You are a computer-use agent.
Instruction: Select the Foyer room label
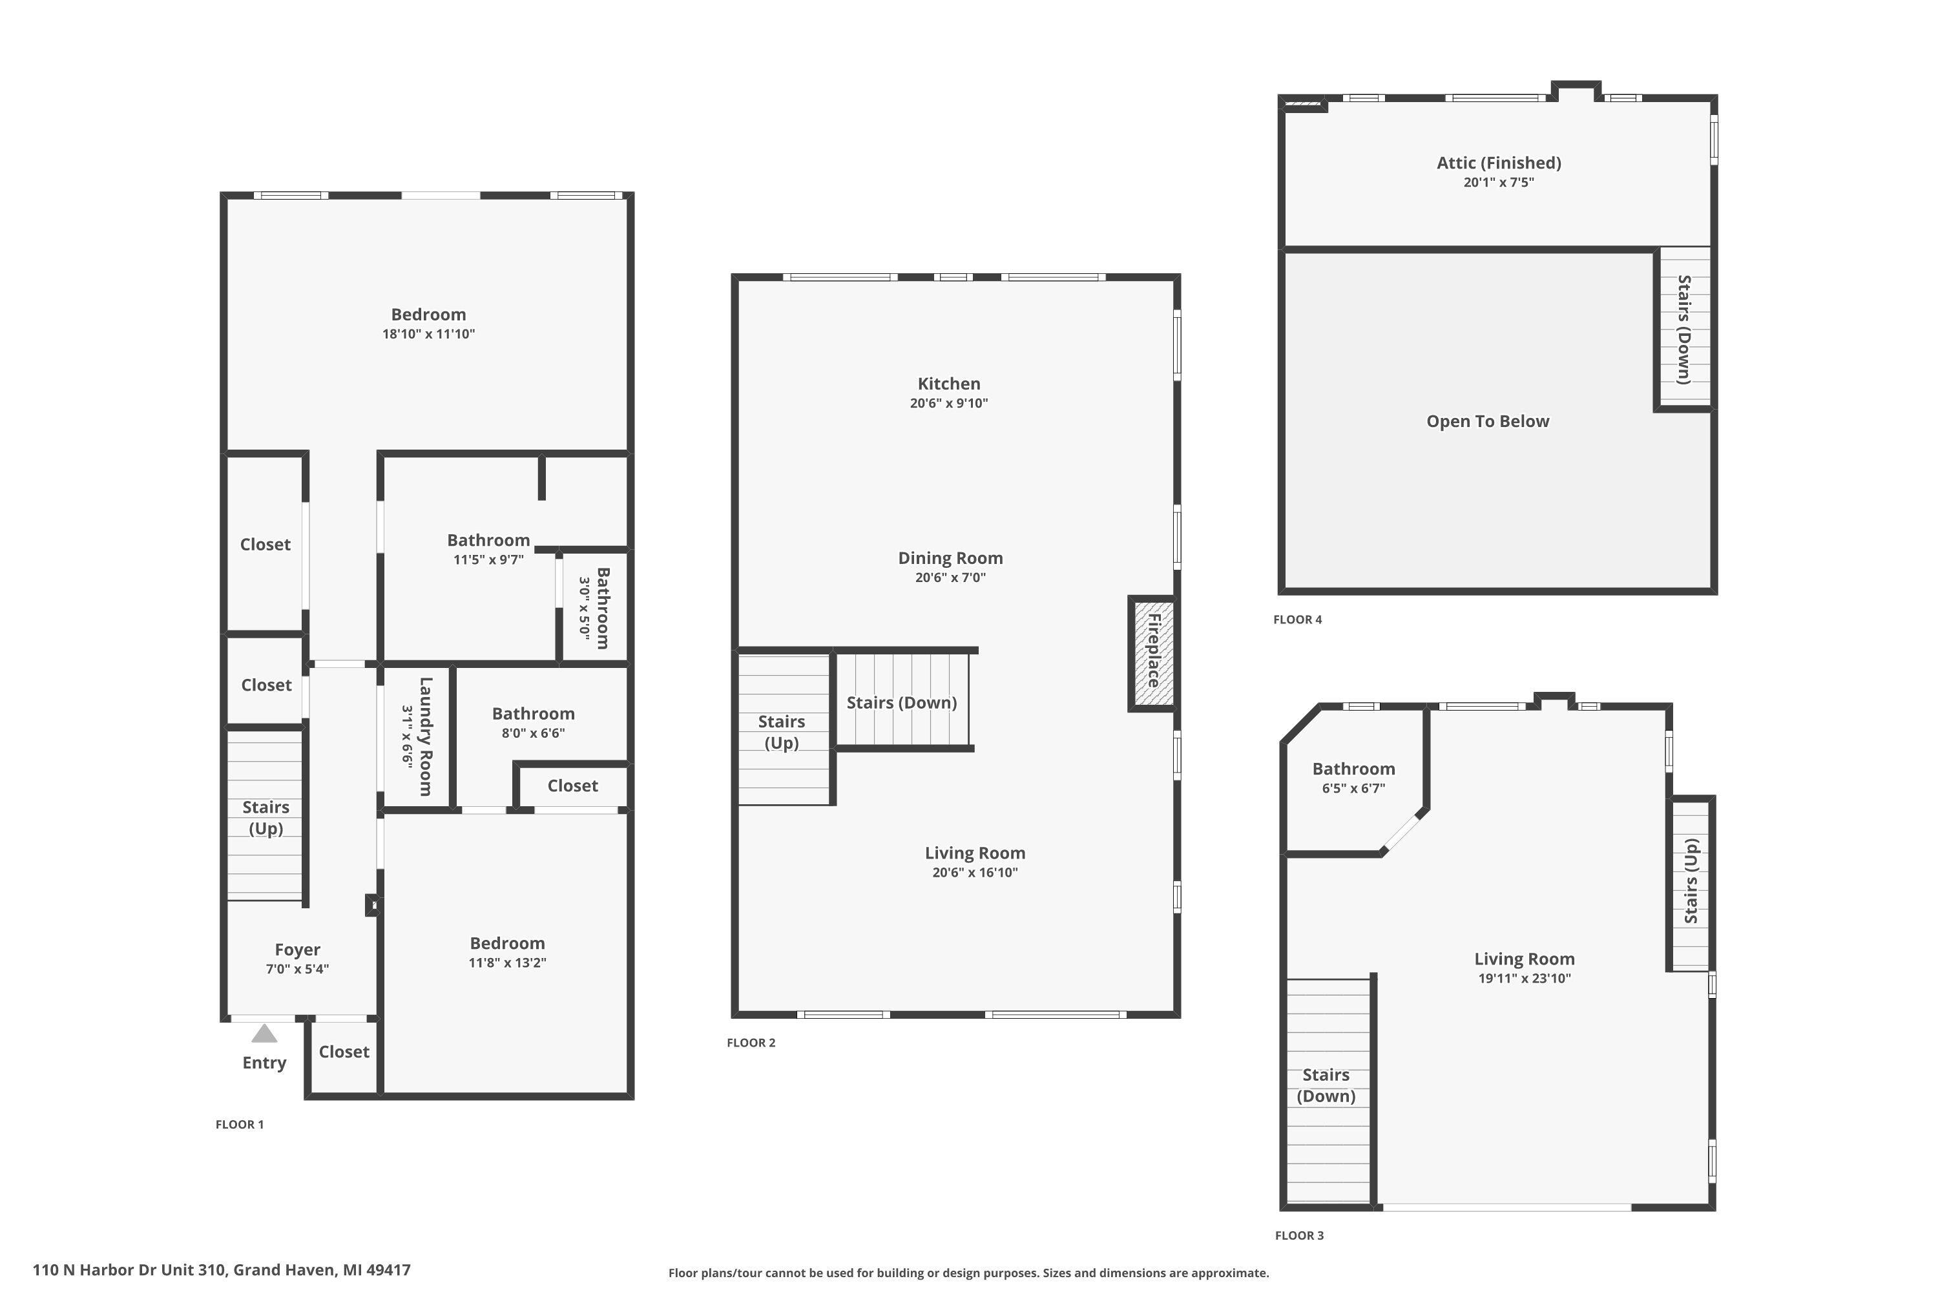pyautogui.click(x=297, y=950)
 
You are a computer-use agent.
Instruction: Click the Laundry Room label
pyautogui.click(x=425, y=736)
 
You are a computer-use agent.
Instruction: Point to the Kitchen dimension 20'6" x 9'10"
pyautogui.click(x=948, y=403)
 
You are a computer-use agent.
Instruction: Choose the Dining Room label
pyautogui.click(x=950, y=558)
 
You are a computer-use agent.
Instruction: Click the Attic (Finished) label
pyautogui.click(x=1499, y=163)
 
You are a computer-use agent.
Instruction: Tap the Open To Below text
pyautogui.click(x=1488, y=421)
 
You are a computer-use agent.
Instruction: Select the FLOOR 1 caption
pyautogui.click(x=240, y=1124)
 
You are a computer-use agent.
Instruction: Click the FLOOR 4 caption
pyautogui.click(x=1298, y=620)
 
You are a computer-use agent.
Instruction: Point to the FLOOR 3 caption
pyautogui.click(x=1299, y=1235)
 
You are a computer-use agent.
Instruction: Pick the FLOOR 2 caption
pyautogui.click(x=751, y=1043)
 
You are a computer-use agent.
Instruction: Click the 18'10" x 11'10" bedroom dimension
pyautogui.click(x=428, y=334)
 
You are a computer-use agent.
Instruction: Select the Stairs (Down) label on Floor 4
pyautogui.click(x=1685, y=329)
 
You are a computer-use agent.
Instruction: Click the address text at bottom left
pyautogui.click(x=222, y=1270)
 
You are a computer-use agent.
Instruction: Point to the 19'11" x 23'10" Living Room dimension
pyautogui.click(x=1525, y=978)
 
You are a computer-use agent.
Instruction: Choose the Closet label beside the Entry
pyautogui.click(x=344, y=1052)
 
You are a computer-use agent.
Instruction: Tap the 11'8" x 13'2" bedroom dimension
pyautogui.click(x=508, y=963)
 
